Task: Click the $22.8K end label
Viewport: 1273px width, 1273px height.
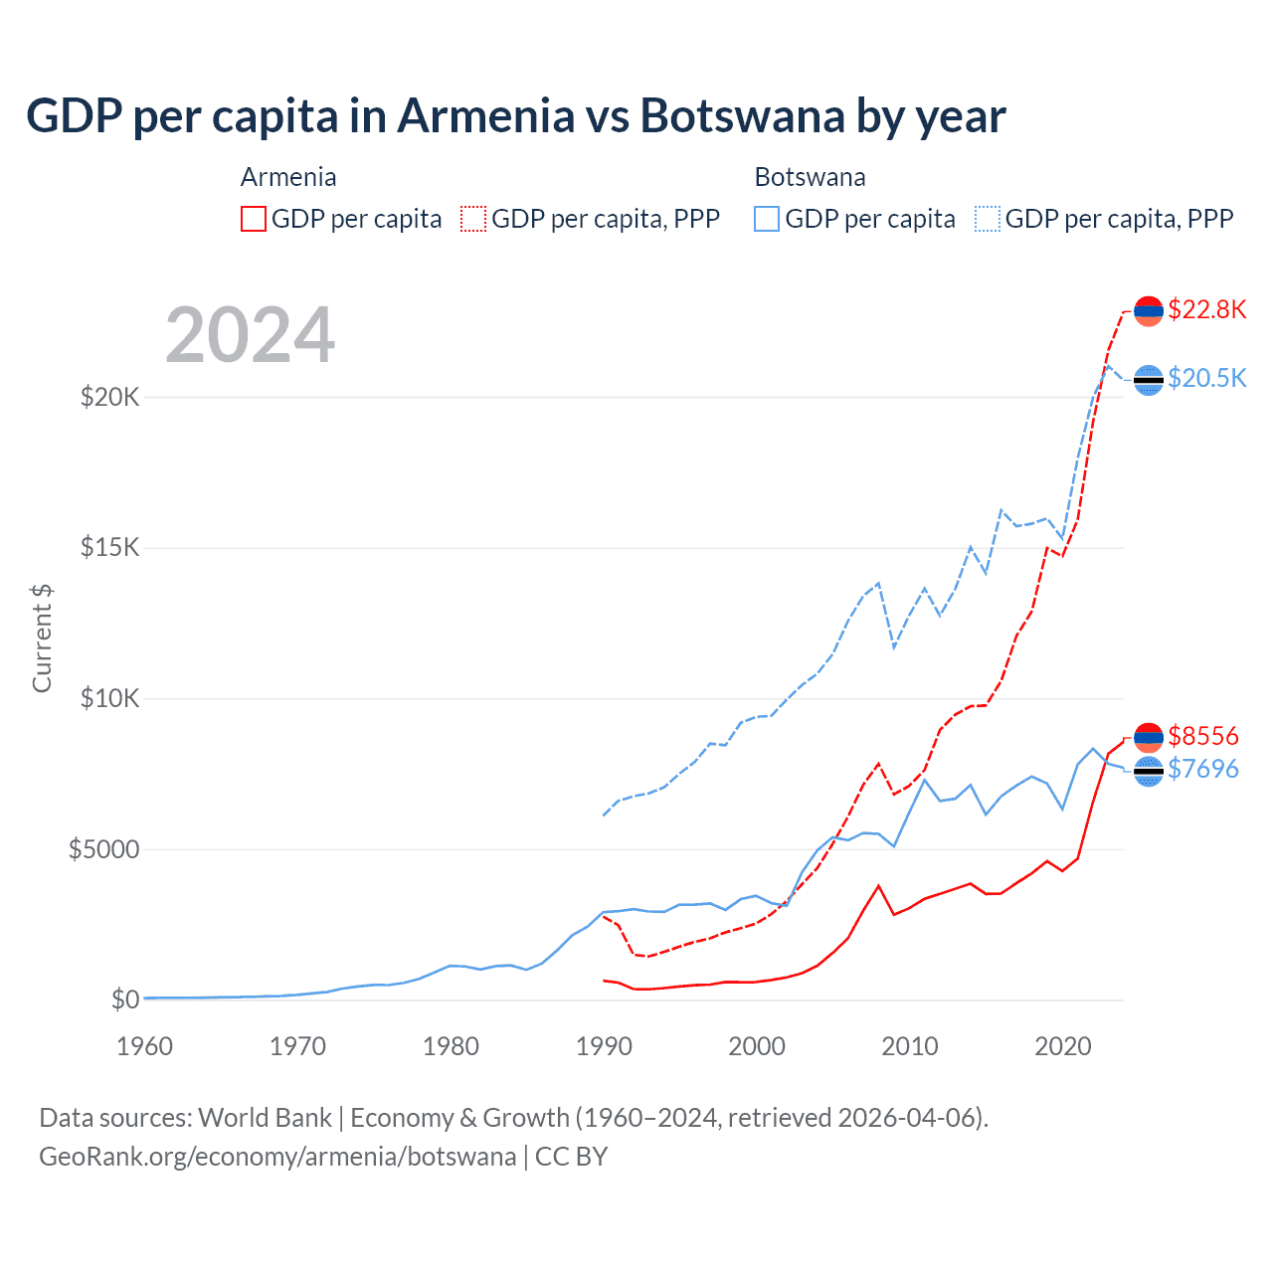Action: tap(1206, 309)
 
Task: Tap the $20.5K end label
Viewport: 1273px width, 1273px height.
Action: tap(1206, 378)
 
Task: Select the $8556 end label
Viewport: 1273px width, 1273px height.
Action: tap(1202, 736)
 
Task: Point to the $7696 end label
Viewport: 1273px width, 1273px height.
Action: tap(1202, 769)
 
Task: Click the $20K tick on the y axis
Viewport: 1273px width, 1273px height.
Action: tap(110, 398)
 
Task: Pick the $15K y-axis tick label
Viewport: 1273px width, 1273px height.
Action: tap(110, 548)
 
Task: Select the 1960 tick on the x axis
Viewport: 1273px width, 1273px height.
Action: tap(145, 1046)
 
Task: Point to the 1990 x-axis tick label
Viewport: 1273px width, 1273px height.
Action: tap(605, 1046)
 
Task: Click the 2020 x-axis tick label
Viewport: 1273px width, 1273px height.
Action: tap(1063, 1046)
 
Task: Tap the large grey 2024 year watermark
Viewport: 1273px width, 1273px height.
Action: tap(251, 335)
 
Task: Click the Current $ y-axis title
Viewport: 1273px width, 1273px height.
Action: tap(42, 638)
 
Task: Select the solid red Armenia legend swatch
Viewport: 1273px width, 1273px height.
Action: tap(254, 219)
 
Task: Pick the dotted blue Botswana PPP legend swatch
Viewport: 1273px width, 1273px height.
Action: tap(988, 219)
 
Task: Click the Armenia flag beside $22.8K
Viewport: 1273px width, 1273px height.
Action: tap(1149, 311)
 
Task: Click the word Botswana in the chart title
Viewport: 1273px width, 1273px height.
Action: tap(742, 115)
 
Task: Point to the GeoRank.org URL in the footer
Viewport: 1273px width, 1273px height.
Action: tap(277, 1157)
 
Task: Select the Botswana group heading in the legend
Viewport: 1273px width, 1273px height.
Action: tap(810, 177)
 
